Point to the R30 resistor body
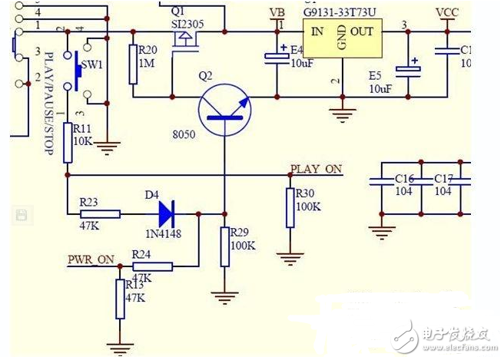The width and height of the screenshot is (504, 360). pos(290,208)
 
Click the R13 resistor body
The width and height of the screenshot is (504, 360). pos(120,299)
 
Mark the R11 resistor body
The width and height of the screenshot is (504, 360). pos(68,142)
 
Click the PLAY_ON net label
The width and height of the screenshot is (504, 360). pos(315,169)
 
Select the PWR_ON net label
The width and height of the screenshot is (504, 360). pos(91,259)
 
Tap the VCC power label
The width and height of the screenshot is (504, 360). pos(447,13)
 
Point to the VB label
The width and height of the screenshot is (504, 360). pos(277,13)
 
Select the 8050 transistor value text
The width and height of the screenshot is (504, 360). pos(184,135)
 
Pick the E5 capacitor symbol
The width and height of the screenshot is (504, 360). pos(408,71)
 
